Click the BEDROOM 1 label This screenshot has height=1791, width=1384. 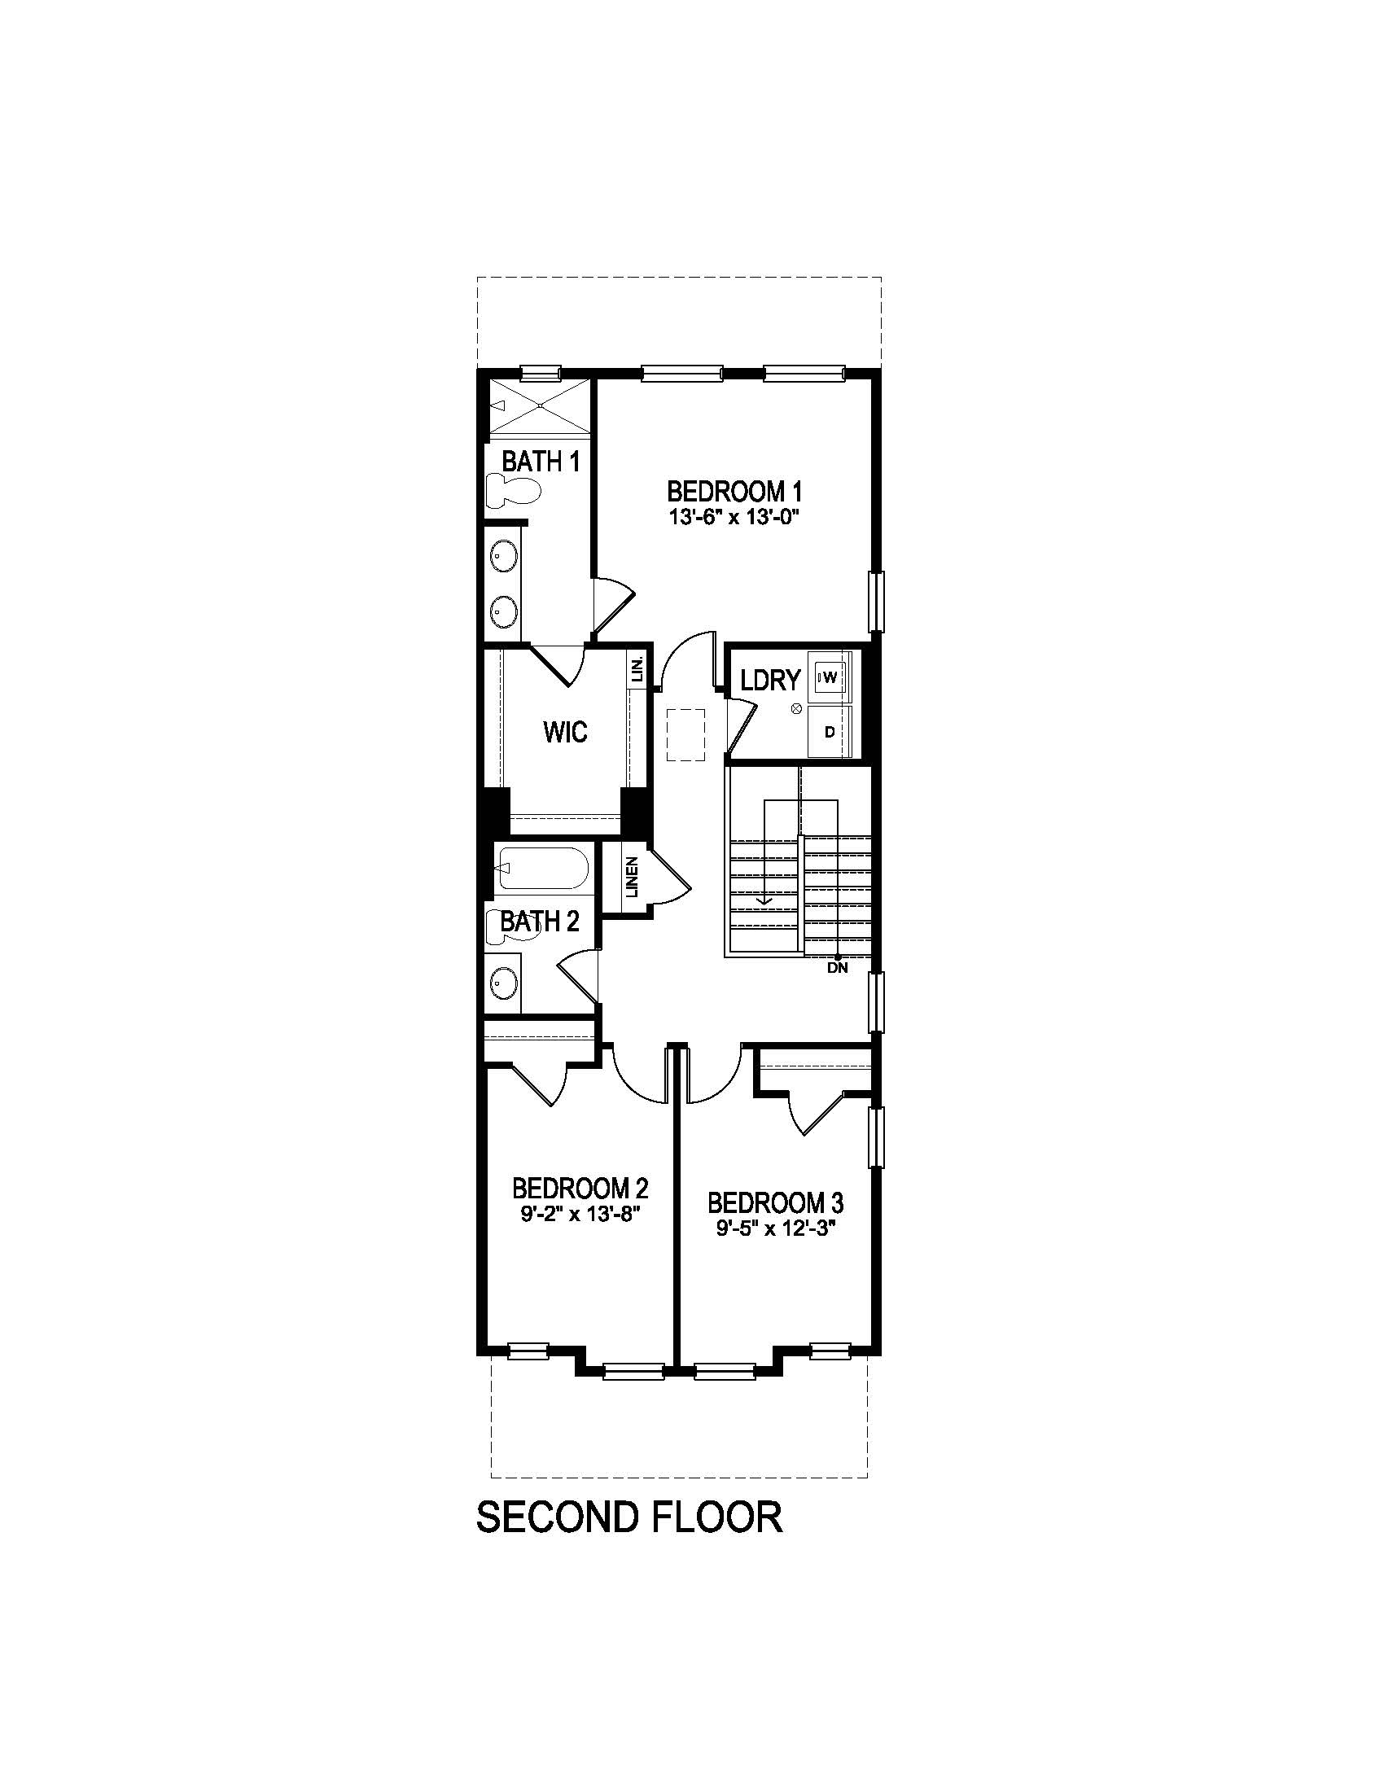(733, 492)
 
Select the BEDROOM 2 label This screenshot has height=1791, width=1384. (580, 1188)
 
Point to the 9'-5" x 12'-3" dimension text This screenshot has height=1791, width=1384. (775, 1229)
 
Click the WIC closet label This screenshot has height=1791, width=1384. (565, 732)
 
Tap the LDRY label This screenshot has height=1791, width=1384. (769, 680)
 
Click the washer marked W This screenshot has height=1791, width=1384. (829, 677)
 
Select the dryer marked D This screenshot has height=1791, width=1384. (829, 732)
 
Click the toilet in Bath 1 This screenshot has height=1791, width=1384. (513, 490)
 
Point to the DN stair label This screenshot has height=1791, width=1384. (837, 968)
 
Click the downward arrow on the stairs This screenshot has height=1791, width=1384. (764, 898)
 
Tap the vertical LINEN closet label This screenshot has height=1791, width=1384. (631, 877)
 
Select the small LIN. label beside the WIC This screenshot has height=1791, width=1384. (637, 670)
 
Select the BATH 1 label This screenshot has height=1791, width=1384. (541, 462)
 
